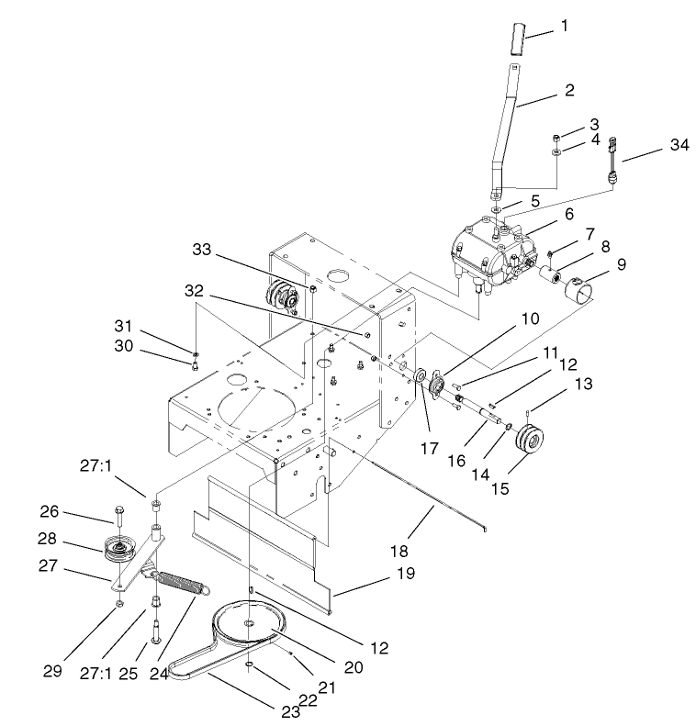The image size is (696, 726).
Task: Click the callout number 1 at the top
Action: point(564,26)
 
